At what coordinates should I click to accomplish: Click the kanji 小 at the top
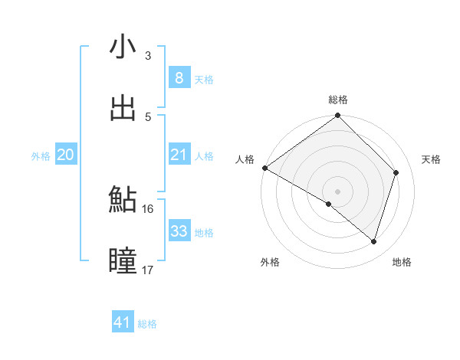click(123, 47)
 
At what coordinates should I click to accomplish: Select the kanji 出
click(123, 108)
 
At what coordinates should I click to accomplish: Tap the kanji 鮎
click(123, 200)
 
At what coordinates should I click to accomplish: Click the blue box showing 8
click(179, 77)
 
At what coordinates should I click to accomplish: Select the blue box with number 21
click(179, 155)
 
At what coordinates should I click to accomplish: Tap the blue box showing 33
click(179, 231)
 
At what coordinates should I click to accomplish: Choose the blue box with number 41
click(123, 322)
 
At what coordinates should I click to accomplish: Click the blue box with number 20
click(65, 155)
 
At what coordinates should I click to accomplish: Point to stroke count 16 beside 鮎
click(148, 208)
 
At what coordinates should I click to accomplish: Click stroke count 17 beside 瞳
click(148, 270)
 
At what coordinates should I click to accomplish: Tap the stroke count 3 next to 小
click(148, 55)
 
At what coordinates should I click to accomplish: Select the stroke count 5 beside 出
click(148, 116)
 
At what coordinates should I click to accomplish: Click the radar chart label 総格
click(338, 100)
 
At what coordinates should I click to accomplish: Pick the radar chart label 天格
click(432, 159)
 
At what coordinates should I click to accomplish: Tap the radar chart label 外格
click(269, 262)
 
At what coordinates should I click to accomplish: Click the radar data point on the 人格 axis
click(264, 168)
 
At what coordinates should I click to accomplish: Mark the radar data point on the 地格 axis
click(374, 241)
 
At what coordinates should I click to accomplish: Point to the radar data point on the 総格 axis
click(338, 116)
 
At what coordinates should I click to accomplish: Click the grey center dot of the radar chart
click(338, 191)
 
